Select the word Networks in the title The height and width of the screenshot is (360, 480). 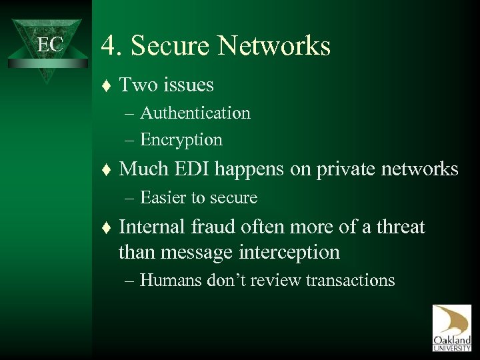280,47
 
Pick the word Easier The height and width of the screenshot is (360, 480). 164,198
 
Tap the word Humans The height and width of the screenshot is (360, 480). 168,280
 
